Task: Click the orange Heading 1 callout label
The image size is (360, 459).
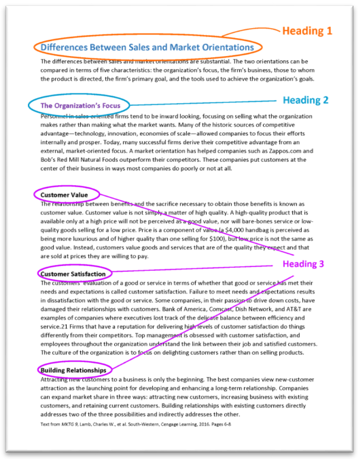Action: [x=306, y=31]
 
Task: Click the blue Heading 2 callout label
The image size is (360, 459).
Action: [x=305, y=100]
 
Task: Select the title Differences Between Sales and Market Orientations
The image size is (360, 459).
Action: [x=148, y=47]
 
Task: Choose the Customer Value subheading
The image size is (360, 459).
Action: [x=64, y=195]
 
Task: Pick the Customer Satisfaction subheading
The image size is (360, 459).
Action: [x=73, y=274]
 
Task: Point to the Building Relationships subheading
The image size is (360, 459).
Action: [x=73, y=370]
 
